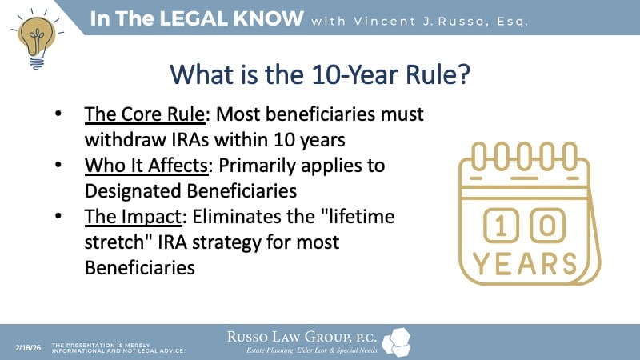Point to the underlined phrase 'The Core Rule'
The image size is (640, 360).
[x=134, y=115]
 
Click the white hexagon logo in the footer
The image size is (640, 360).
[x=397, y=342]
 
